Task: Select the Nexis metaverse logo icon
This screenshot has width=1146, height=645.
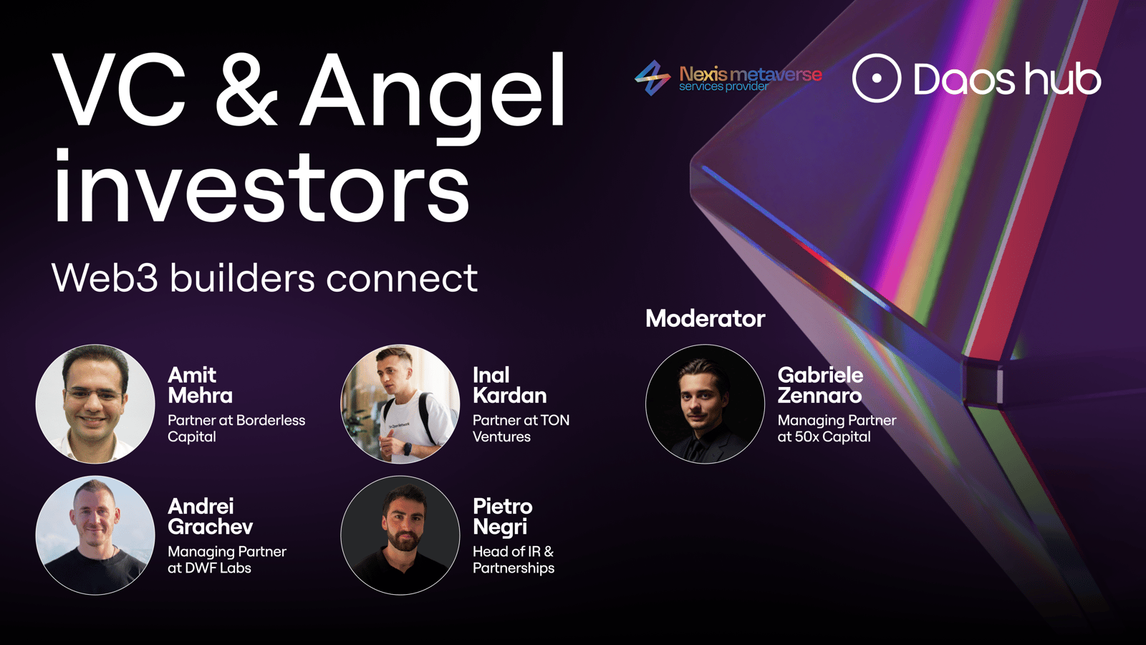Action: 653,78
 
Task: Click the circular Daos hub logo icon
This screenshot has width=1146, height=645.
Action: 877,78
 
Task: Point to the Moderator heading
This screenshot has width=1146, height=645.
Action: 706,318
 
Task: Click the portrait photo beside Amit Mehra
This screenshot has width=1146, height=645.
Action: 95,404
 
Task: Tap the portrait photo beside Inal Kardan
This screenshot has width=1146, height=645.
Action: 400,404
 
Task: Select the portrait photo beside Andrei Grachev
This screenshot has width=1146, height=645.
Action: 95,535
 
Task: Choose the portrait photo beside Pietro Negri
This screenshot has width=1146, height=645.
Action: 400,535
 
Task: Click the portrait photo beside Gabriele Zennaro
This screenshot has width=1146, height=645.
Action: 705,404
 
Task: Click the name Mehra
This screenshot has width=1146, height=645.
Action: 200,396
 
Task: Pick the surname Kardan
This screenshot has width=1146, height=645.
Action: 509,396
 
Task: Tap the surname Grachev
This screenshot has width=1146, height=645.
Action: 211,527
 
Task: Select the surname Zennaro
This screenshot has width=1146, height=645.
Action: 819,396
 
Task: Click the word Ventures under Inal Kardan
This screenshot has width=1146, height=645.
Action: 501,436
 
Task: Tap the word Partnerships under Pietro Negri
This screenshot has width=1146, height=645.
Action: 514,568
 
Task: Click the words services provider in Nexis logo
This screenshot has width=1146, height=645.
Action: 723,87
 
